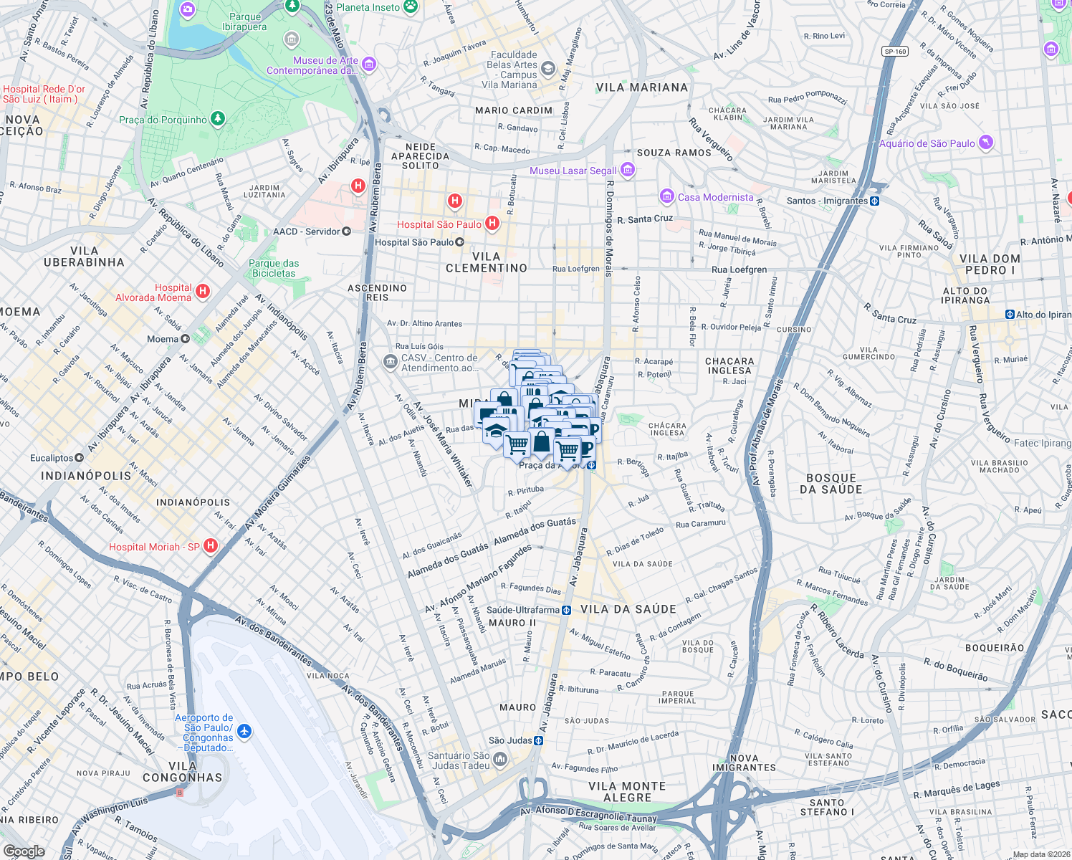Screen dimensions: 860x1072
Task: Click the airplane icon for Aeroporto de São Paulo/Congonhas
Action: [245, 732]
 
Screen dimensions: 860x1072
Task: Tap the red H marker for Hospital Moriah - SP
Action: [211, 546]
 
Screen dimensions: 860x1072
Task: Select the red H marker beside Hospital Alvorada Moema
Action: [203, 291]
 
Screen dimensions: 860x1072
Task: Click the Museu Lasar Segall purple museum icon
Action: [628, 170]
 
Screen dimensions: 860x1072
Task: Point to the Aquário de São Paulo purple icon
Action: [986, 143]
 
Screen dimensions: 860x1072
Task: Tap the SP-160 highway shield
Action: [895, 51]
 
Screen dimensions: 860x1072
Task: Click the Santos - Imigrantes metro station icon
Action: [874, 201]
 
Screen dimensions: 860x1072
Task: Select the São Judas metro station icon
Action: [538, 740]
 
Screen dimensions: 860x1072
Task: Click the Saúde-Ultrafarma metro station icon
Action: [566, 610]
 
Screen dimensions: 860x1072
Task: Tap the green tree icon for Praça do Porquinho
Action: [218, 119]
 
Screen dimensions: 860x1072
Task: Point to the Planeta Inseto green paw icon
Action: [411, 7]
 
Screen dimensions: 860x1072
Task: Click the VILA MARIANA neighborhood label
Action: [642, 87]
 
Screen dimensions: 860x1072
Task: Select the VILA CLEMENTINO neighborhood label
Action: [487, 262]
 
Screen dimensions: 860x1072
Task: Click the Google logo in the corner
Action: [24, 851]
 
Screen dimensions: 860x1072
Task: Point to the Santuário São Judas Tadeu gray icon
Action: [499, 759]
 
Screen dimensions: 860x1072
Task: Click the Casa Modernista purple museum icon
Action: [667, 196]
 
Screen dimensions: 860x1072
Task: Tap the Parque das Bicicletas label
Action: [274, 268]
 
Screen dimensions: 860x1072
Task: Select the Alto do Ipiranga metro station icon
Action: [1010, 314]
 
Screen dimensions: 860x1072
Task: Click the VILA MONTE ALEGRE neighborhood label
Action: [627, 792]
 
